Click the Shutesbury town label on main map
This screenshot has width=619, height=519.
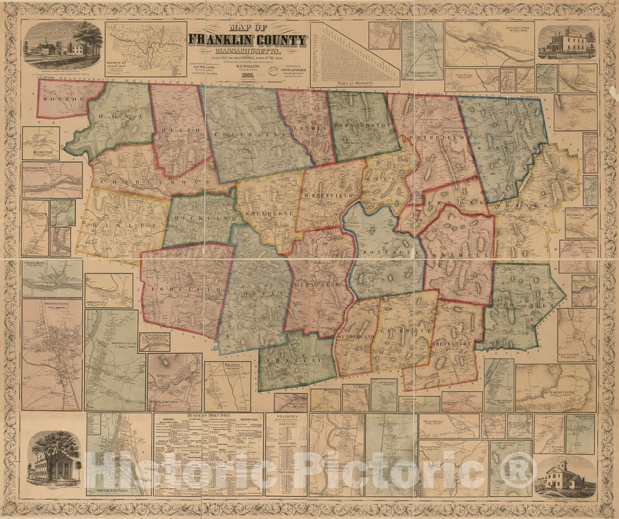(450, 343)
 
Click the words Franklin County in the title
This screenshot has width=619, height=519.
(248, 41)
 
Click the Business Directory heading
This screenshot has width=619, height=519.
(208, 416)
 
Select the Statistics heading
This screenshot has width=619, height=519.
(284, 417)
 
